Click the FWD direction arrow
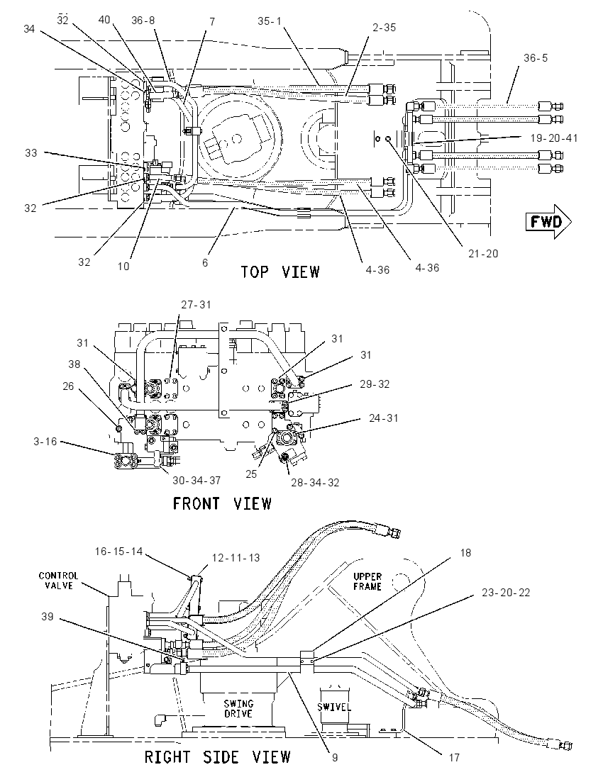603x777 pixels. tap(548, 221)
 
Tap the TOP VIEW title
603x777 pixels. tap(280, 272)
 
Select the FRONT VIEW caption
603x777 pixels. tap(222, 503)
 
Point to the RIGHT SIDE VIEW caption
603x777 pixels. tap(217, 756)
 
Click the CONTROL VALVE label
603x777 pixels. tap(58, 581)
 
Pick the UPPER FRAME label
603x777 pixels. tap(367, 581)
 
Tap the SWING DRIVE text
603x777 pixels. tap(238, 709)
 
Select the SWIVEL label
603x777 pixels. tap(333, 707)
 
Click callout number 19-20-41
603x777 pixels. tap(554, 138)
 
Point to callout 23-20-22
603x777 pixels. tap(506, 592)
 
